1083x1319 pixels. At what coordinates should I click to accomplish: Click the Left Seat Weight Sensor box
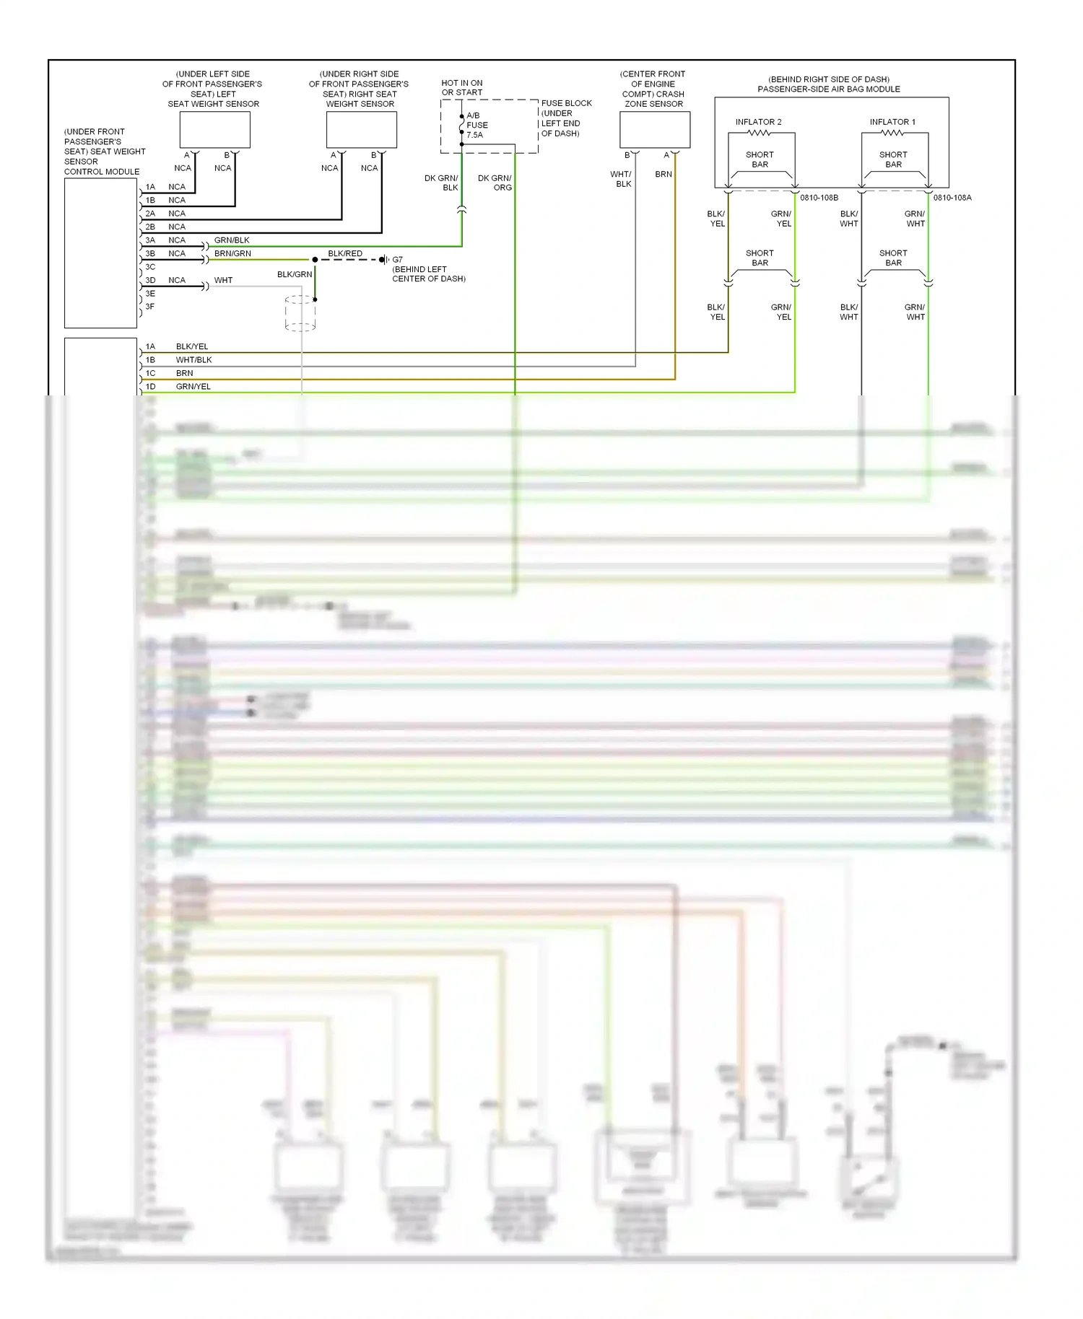[x=214, y=130]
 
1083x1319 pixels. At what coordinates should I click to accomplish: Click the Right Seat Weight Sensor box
[x=361, y=130]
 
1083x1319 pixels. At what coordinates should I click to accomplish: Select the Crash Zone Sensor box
[x=654, y=130]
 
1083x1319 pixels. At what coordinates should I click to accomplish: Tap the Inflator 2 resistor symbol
[x=758, y=133]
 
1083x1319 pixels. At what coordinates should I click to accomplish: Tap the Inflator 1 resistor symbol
[x=892, y=133]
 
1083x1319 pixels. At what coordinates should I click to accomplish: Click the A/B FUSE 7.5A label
[x=477, y=125]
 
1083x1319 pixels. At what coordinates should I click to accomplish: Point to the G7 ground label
[x=397, y=260]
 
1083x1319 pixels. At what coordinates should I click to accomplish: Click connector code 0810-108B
[x=819, y=198]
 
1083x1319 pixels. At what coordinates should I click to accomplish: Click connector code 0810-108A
[x=952, y=198]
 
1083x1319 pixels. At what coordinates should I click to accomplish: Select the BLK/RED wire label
[x=345, y=253]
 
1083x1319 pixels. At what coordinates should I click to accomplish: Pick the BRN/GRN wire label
[x=232, y=253]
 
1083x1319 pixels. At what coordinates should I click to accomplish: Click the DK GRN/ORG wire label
[x=495, y=183]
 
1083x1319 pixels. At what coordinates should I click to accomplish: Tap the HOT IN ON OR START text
[x=462, y=87]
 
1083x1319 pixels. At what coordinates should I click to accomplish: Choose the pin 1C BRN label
[x=184, y=373]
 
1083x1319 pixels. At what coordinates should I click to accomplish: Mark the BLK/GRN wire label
[x=295, y=274]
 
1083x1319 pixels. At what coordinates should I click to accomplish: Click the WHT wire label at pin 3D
[x=223, y=280]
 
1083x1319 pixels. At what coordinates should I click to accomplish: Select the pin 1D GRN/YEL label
[x=193, y=387]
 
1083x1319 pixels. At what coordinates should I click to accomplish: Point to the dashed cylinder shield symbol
[x=300, y=313]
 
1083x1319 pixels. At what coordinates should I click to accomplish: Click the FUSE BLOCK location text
[x=566, y=118]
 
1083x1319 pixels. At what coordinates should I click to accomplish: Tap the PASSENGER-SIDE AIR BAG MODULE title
[x=828, y=89]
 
